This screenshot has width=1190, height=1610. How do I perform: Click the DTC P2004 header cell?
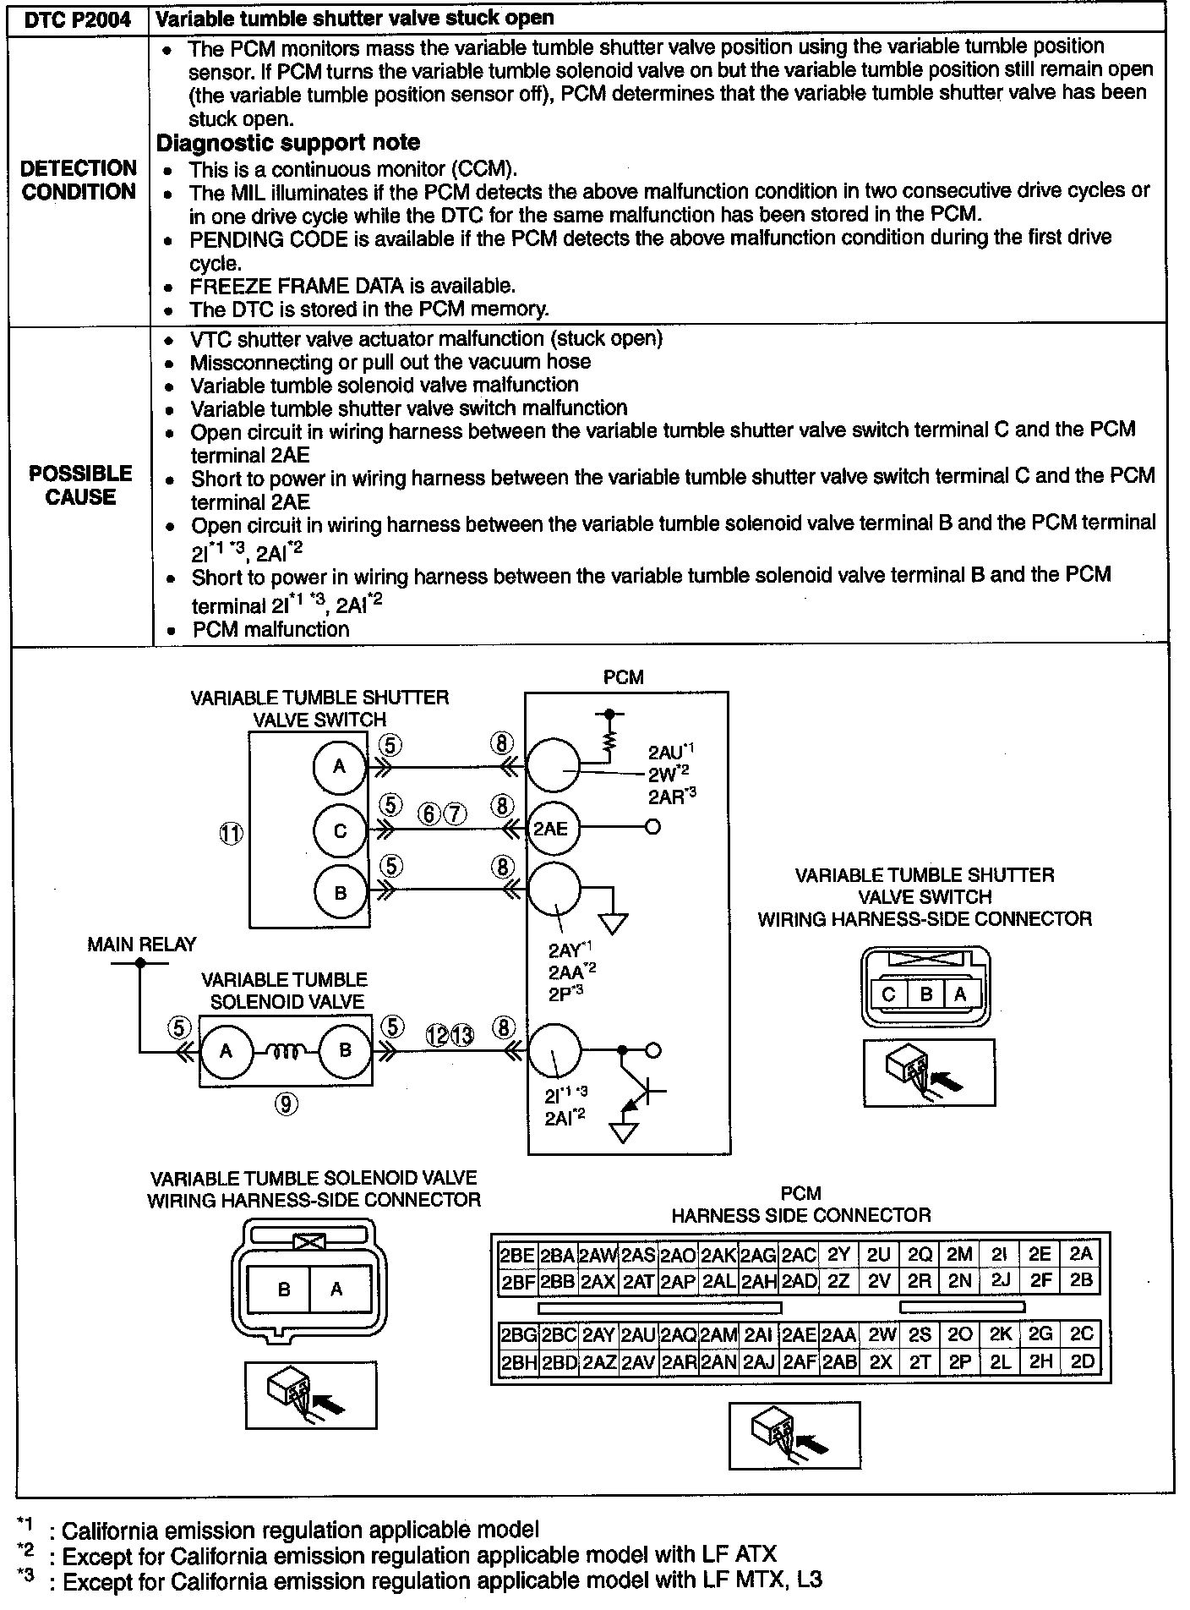[x=78, y=18]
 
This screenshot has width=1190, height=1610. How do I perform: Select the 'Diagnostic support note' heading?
[x=288, y=143]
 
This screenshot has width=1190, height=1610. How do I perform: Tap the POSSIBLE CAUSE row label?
[x=80, y=485]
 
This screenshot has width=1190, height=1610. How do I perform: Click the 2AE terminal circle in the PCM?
[x=551, y=829]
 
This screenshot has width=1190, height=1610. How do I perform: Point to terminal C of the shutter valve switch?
[x=340, y=830]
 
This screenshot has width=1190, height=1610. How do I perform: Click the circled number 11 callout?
[x=231, y=834]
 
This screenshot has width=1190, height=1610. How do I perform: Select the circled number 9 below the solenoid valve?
[x=287, y=1103]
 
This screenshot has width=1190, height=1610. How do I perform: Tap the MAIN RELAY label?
[x=141, y=945]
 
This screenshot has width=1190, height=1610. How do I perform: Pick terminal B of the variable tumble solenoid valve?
[x=345, y=1051]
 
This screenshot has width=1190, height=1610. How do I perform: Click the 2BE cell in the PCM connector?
[x=517, y=1255]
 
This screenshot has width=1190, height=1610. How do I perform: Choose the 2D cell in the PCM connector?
[x=1082, y=1362]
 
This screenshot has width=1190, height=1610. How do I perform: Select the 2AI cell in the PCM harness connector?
[x=758, y=1334]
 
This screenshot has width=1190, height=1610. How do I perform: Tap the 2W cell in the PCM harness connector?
[x=881, y=1334]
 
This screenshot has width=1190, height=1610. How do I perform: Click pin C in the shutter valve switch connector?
[x=888, y=994]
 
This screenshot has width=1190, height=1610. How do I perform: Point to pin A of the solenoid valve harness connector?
[x=336, y=1290]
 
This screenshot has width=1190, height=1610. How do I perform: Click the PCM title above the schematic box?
[x=624, y=677]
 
